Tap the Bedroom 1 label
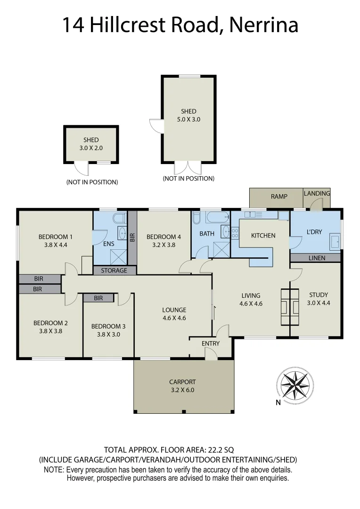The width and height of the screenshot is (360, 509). coord(56,237)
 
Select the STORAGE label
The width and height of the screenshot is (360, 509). coord(114,271)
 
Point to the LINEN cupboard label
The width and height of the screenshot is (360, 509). coord(317,258)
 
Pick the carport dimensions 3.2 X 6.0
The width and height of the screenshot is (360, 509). coord(182,390)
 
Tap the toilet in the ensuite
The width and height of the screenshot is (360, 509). coord(120,218)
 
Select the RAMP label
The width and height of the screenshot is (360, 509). coord(279,197)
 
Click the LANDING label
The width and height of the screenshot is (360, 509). coord(317,193)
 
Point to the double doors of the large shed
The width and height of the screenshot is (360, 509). coord(188,167)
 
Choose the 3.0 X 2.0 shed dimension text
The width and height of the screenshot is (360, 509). coord(91,148)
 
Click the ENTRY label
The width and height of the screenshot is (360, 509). coord(210,344)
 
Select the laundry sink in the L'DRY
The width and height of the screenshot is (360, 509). coord(335,241)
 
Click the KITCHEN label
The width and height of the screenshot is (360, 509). coord(263,235)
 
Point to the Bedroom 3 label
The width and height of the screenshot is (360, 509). coord(108,326)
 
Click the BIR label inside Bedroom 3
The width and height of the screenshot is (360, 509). coord(98,298)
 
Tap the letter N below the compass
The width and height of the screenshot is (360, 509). coord(278,402)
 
